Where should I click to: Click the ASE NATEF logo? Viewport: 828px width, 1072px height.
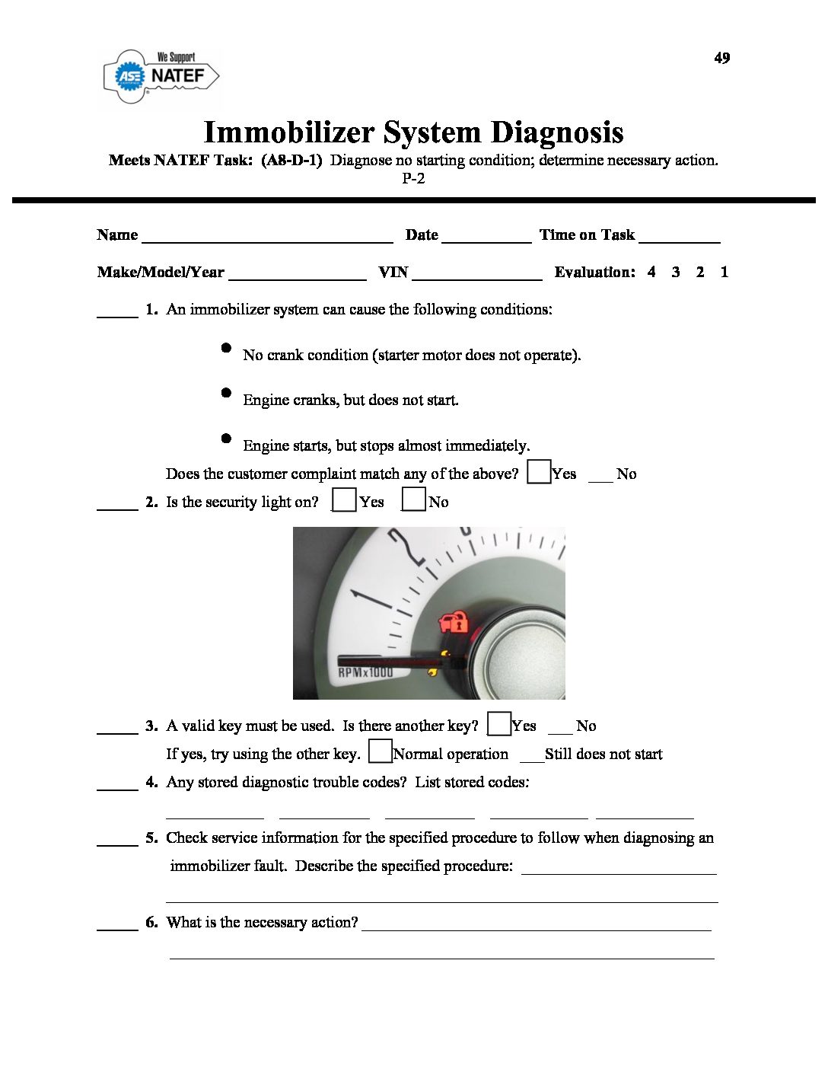pyautogui.click(x=161, y=75)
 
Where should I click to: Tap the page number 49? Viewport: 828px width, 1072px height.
pyautogui.click(x=722, y=58)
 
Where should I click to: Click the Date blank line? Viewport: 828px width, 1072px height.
pyautogui.click(x=486, y=237)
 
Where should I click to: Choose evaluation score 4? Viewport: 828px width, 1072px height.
pyautogui.click(x=651, y=272)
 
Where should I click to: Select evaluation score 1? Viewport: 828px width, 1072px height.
pyautogui.click(x=724, y=272)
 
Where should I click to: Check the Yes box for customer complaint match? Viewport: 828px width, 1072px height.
pyautogui.click(x=539, y=472)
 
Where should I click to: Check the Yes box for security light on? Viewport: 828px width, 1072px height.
pyautogui.click(x=345, y=499)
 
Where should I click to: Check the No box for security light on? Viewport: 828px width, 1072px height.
pyautogui.click(x=413, y=499)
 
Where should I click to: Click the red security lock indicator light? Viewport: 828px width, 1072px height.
pyautogui.click(x=454, y=622)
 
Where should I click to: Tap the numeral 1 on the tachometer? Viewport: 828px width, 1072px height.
pyautogui.click(x=369, y=600)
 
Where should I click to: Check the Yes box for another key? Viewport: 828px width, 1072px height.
pyautogui.click(x=499, y=723)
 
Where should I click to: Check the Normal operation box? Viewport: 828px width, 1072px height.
pyautogui.click(x=380, y=751)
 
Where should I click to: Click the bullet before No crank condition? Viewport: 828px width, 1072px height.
pyautogui.click(x=226, y=348)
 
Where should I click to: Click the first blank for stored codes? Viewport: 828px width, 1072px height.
pyautogui.click(x=215, y=815)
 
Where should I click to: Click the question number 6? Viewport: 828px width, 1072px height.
pyautogui.click(x=151, y=922)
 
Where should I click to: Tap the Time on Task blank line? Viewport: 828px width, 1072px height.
pyautogui.click(x=680, y=237)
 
